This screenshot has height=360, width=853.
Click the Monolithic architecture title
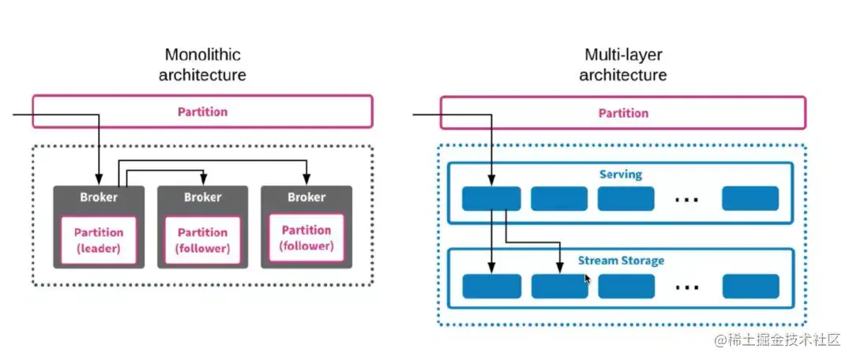pyautogui.click(x=202, y=65)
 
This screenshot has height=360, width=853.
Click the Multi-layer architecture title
pyautogui.click(x=623, y=65)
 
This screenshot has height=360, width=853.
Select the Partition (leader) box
pyautogui.click(x=99, y=241)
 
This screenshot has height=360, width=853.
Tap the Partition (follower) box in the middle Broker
pyautogui.click(x=202, y=241)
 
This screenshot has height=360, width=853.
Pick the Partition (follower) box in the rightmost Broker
pyautogui.click(x=306, y=238)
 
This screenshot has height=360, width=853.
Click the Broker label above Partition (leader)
pyautogui.click(x=99, y=197)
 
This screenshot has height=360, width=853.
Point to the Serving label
pyautogui.click(x=621, y=174)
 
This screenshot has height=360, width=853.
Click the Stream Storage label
pyautogui.click(x=621, y=261)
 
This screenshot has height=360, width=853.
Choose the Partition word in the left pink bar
pyautogui.click(x=202, y=112)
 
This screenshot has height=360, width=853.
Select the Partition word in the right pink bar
pyautogui.click(x=623, y=113)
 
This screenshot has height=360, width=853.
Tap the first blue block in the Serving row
pyautogui.click(x=491, y=198)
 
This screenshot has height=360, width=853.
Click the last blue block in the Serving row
pyautogui.click(x=750, y=198)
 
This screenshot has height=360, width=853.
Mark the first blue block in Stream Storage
pyautogui.click(x=491, y=286)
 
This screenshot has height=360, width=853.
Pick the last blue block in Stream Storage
pyautogui.click(x=751, y=286)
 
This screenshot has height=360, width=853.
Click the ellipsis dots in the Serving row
pyautogui.click(x=687, y=200)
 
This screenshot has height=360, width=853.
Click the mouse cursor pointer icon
pyautogui.click(x=588, y=279)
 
